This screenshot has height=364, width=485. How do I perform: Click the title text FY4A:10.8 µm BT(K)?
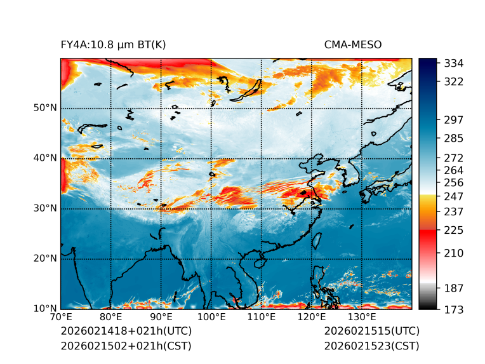point(113,44)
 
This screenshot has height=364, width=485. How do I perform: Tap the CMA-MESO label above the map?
point(352,44)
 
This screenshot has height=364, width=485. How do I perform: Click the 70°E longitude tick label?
point(61,317)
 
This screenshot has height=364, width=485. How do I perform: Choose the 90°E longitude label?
point(161,317)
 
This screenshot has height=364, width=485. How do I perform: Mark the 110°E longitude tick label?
point(261,317)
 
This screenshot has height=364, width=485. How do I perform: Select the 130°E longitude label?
point(361,317)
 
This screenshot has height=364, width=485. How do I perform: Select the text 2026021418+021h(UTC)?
point(126,332)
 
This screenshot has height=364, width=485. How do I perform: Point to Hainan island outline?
point(258,262)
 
